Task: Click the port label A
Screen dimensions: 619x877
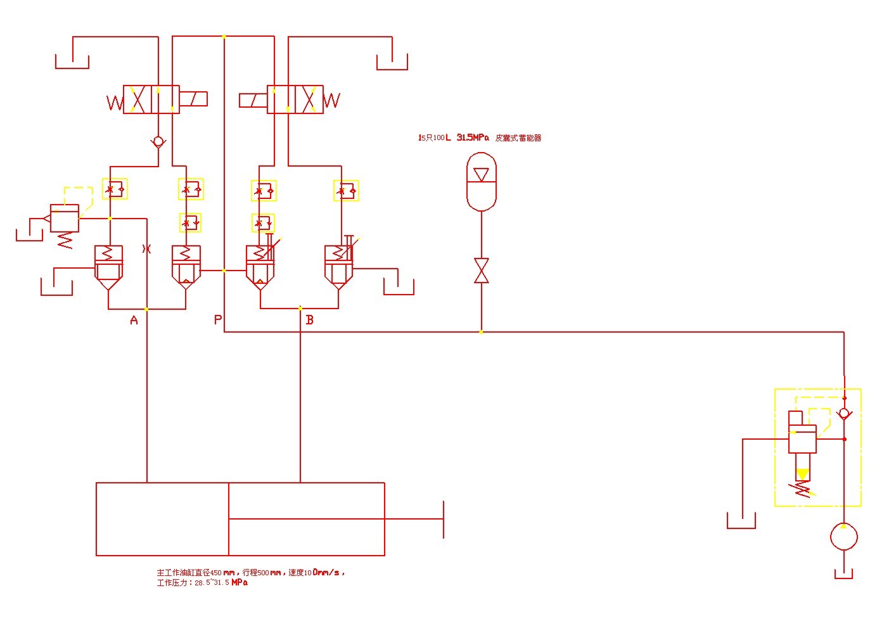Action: (x=134, y=321)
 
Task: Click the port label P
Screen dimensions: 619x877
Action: (x=218, y=320)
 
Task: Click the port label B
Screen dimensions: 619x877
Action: (x=309, y=320)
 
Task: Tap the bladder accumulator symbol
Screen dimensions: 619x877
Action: (x=481, y=181)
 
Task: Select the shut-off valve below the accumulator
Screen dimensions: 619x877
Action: (x=482, y=271)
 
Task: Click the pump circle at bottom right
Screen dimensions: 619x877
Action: (x=843, y=537)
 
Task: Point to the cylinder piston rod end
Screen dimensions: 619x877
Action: (x=443, y=519)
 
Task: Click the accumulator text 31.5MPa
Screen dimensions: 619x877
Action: (x=473, y=137)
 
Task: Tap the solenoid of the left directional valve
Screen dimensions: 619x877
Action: (x=193, y=99)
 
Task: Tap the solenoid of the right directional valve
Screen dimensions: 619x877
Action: (x=253, y=100)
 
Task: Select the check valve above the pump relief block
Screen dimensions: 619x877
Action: (x=844, y=414)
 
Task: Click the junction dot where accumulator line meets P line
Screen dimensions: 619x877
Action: (x=481, y=331)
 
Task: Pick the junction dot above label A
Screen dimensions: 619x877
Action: (x=147, y=309)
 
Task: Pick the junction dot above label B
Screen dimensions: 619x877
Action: (x=300, y=309)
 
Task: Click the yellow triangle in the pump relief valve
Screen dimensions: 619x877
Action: (x=803, y=474)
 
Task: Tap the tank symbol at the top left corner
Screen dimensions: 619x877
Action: (x=72, y=62)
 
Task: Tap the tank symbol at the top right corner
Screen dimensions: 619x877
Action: (x=392, y=63)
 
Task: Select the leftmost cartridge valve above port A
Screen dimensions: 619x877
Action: (x=108, y=266)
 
